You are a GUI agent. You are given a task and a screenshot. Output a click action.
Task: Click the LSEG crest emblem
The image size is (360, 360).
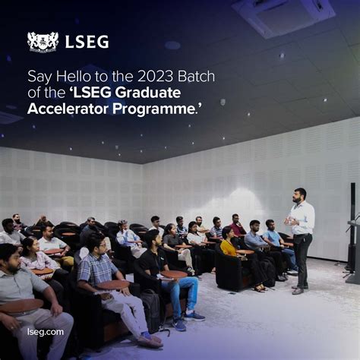coord(43,42)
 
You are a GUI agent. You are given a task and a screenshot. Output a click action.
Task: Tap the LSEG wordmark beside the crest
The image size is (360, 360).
coord(87,42)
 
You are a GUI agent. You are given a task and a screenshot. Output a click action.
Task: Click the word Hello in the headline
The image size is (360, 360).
coord(68,76)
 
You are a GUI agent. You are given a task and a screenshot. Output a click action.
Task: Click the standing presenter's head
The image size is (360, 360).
coord(300,195)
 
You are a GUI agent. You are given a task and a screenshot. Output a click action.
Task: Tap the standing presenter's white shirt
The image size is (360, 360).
coord(302,219)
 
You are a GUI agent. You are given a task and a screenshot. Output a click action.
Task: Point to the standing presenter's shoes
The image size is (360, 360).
coord(298,289)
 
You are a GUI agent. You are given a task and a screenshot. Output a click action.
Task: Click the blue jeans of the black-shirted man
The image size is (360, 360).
coord(182,292)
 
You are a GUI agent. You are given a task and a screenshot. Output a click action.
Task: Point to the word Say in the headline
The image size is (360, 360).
coord(37,76)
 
